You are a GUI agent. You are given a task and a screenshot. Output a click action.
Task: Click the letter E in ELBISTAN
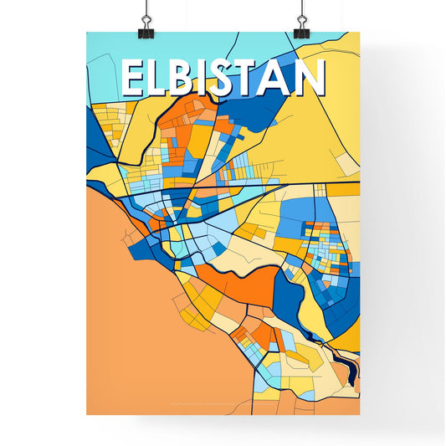tap(133, 79)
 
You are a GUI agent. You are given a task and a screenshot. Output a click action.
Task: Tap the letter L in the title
tap(158, 79)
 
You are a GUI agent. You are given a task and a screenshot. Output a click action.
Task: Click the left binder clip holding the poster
tap(147, 21)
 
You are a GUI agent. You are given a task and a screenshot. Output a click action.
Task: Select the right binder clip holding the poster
tap(300, 21)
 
